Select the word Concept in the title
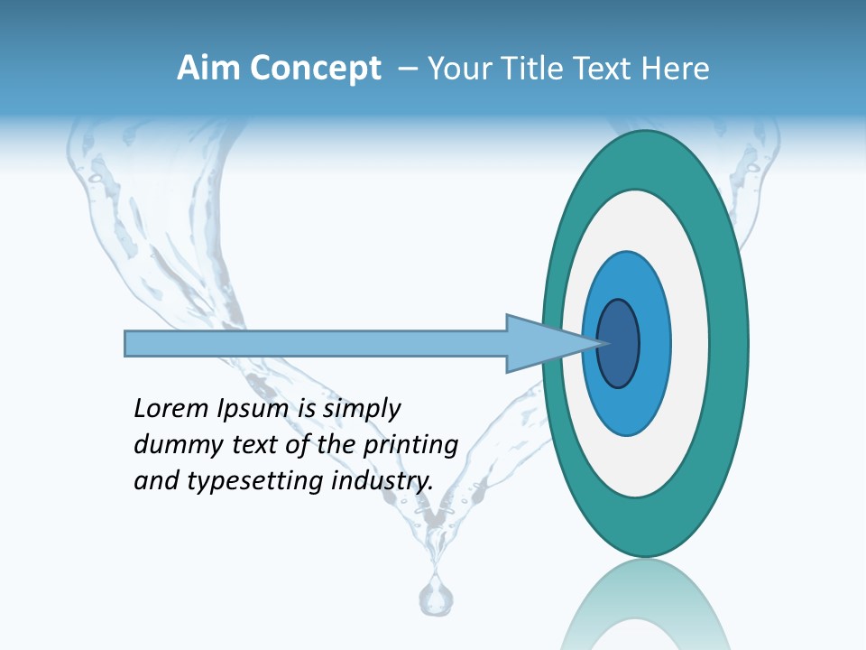click(313, 69)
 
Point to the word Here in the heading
click(676, 69)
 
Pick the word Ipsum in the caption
click(252, 409)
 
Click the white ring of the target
click(690, 343)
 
